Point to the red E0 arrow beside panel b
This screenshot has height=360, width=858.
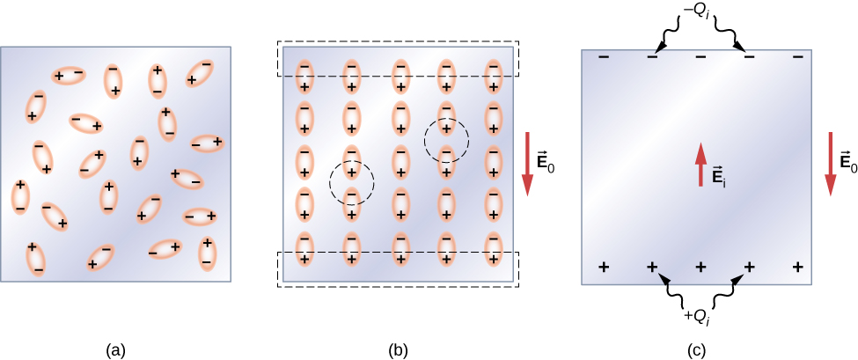pyautogui.click(x=528, y=163)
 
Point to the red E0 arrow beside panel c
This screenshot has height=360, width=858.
pyautogui.click(x=830, y=163)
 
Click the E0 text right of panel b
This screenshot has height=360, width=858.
pyautogui.click(x=546, y=162)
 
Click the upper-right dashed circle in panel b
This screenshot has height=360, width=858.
pyautogui.click(x=446, y=138)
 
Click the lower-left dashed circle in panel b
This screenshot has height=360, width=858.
pyautogui.click(x=351, y=181)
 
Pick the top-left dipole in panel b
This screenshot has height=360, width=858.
pyautogui.click(x=304, y=77)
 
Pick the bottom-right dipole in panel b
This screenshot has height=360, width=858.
pyautogui.click(x=494, y=248)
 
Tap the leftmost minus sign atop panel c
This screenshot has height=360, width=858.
pyautogui.click(x=603, y=58)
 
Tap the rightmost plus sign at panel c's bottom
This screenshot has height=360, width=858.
pyautogui.click(x=798, y=266)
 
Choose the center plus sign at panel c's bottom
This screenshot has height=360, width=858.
pyautogui.click(x=700, y=266)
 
